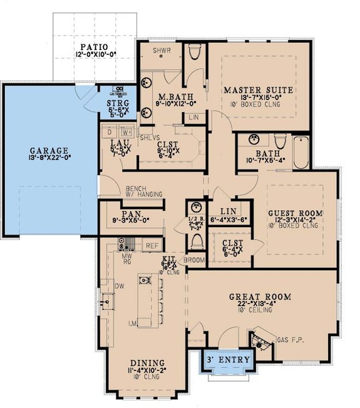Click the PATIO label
coord(93,47)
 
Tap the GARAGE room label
coord(47,151)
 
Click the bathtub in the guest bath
coord(301,152)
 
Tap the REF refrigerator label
coord(152,246)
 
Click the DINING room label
coord(147,364)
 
